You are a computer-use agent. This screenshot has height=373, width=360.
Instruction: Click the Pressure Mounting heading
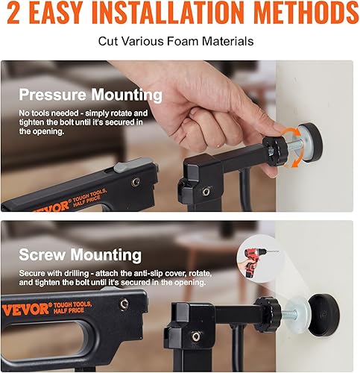click(90, 95)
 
